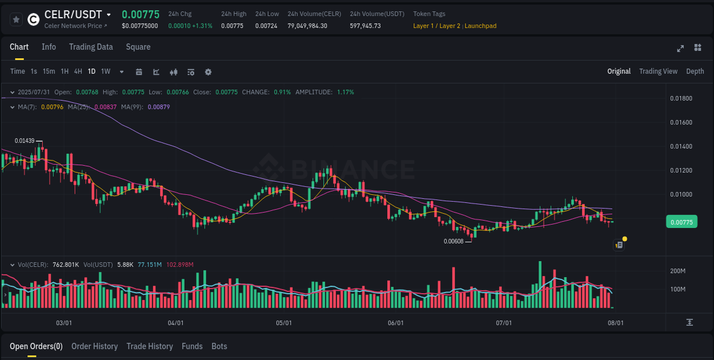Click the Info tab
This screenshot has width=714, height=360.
coord(49,47)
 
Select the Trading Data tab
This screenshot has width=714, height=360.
coord(91,47)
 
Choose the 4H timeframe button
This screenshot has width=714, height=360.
coord(78,71)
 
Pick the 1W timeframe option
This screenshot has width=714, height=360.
coord(106,71)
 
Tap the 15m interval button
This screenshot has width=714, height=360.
coord(49,71)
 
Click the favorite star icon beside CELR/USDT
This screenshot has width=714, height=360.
coord(17,19)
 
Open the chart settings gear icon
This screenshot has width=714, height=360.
coord(208,72)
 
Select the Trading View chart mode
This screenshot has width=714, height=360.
coord(658,71)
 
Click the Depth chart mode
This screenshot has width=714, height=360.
coord(695,71)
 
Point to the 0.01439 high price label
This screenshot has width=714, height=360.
coord(25,141)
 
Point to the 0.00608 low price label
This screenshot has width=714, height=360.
coord(454,241)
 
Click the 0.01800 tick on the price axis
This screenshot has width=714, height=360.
coord(681,99)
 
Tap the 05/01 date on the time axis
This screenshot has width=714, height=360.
coord(284,323)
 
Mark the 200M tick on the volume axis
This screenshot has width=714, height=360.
coord(678,271)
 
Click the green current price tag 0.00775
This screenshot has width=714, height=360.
coord(681,222)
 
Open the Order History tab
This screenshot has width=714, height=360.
coord(94,346)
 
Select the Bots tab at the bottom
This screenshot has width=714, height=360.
coord(219,346)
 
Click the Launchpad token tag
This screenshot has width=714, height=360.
coord(480,26)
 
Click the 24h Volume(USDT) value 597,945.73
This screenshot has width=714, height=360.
coord(365,26)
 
